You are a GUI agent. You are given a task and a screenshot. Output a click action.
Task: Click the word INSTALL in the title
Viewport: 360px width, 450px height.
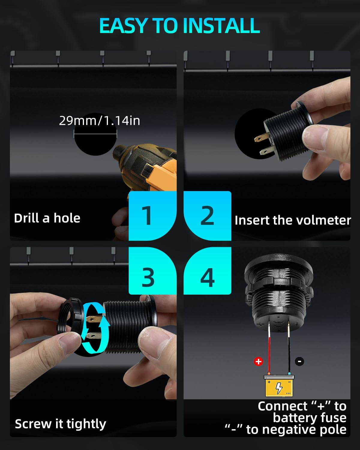[x=221, y=25]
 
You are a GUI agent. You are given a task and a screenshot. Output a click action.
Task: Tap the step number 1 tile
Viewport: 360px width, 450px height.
[x=152, y=216]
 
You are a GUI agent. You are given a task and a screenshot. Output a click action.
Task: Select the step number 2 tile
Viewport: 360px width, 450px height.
[x=207, y=216]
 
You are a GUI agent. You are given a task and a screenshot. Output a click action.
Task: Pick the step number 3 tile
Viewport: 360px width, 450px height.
[x=152, y=271]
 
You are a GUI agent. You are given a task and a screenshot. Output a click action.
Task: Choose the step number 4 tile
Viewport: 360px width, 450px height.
[x=207, y=271]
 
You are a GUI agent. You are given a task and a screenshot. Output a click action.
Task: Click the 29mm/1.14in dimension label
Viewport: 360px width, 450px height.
[x=100, y=121]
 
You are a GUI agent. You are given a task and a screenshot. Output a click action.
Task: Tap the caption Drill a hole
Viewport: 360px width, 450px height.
[x=47, y=218]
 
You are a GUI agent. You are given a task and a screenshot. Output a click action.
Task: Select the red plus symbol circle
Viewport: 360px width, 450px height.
[x=258, y=361]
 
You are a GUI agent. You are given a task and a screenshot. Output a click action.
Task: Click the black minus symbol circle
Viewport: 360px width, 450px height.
[x=299, y=361]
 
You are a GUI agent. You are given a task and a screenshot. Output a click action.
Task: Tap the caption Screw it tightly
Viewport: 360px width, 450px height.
[x=61, y=424]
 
